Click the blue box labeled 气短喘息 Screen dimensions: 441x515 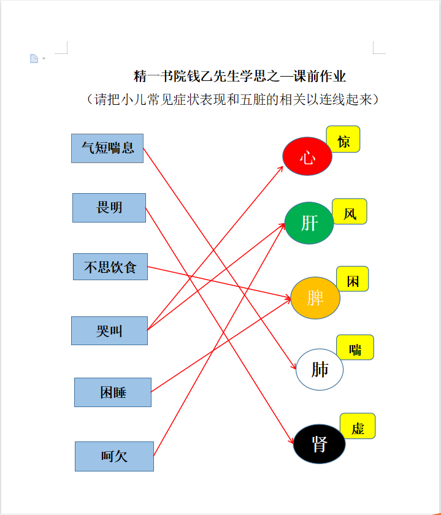(x=107, y=148)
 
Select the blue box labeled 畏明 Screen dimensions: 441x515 (x=109, y=208)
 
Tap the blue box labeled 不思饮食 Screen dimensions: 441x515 (x=110, y=267)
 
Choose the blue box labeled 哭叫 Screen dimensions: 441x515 (x=109, y=330)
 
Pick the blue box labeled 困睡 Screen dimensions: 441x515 (x=113, y=392)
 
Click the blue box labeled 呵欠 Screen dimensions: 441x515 (x=114, y=456)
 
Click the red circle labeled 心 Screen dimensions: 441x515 (x=307, y=156)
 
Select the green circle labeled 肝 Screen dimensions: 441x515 (x=309, y=223)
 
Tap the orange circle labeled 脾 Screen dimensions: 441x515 (x=315, y=298)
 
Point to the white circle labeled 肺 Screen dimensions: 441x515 (x=320, y=370)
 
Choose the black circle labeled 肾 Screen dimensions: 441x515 (x=319, y=444)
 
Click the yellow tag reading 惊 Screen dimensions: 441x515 (x=343, y=139)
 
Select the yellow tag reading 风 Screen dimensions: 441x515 (x=350, y=212)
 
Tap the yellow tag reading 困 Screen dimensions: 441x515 (x=353, y=279)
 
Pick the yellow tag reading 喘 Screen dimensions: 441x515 (x=355, y=348)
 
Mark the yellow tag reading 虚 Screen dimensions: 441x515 (x=358, y=426)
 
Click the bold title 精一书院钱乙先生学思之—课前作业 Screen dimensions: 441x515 (x=240, y=76)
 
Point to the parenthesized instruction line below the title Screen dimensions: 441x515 (x=232, y=99)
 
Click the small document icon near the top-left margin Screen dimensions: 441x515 (x=34, y=58)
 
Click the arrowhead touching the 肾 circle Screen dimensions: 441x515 (x=291, y=440)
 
